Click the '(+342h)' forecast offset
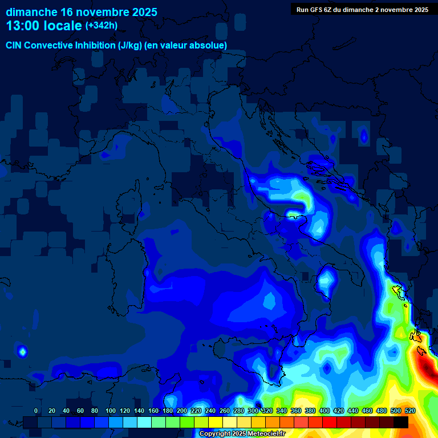[x=101, y=26]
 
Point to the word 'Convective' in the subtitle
[x=48, y=45]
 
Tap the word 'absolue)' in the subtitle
[x=208, y=45]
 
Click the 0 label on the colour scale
[x=36, y=411]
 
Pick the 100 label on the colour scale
[x=111, y=411]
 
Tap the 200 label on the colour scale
[x=182, y=411]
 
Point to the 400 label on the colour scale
[x=325, y=411]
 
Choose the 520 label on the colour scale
[x=410, y=411]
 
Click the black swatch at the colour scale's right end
[x=401, y=422]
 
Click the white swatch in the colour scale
[x=230, y=422]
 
